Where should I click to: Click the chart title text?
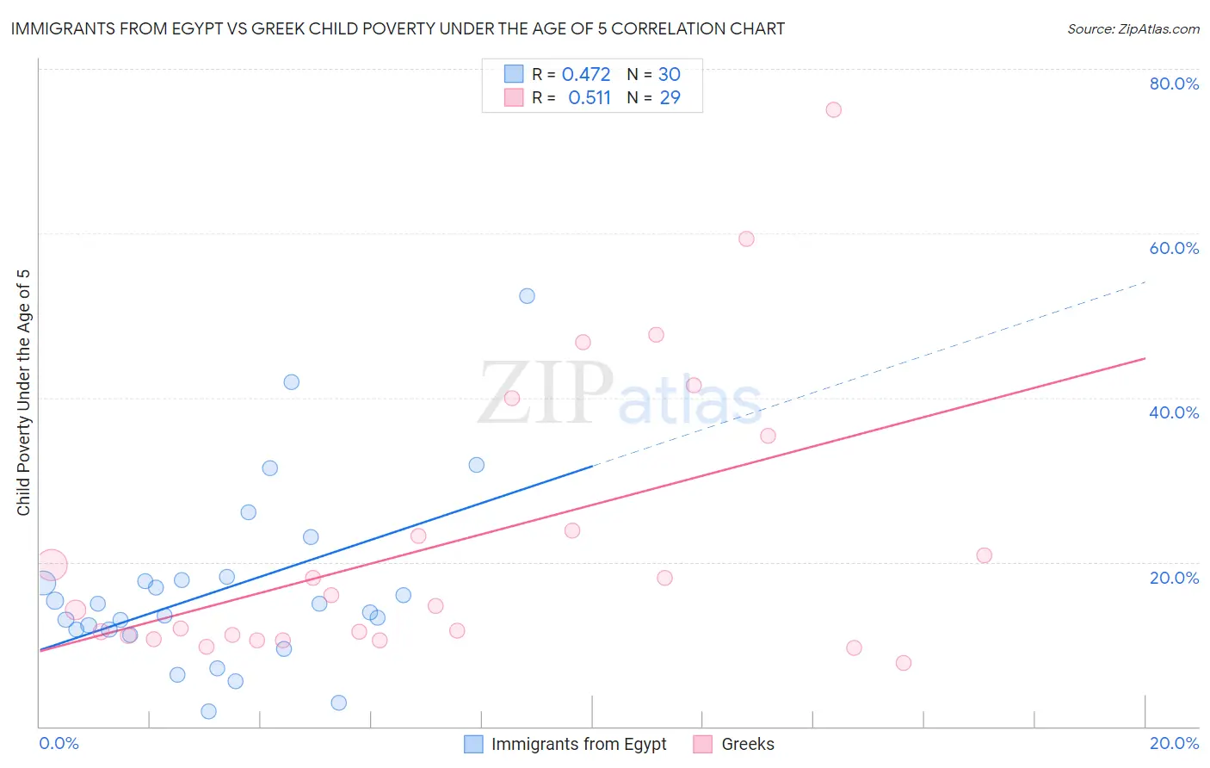point(398,29)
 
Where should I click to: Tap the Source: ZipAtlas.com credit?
point(1133,29)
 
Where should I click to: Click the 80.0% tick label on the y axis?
point(1174,84)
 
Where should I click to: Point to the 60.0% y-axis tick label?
point(1174,248)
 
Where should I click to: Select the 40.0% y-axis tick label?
point(1174,412)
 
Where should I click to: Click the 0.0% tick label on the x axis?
point(59,743)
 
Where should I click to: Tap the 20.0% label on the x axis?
point(1174,743)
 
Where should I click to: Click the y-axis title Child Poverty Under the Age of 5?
point(23,393)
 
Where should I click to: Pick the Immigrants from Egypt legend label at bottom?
point(578,744)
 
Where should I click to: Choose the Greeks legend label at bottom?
point(747,744)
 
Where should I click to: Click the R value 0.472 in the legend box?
point(586,75)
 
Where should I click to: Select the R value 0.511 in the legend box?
point(590,98)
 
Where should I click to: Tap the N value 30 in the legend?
point(670,75)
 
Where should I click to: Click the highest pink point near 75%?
point(833,109)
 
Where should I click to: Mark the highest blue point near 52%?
point(527,296)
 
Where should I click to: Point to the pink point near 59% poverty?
point(746,239)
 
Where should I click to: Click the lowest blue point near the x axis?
point(208,711)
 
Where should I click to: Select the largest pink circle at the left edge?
point(51,566)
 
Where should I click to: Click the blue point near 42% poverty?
point(292,382)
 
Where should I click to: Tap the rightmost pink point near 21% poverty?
point(984,555)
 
